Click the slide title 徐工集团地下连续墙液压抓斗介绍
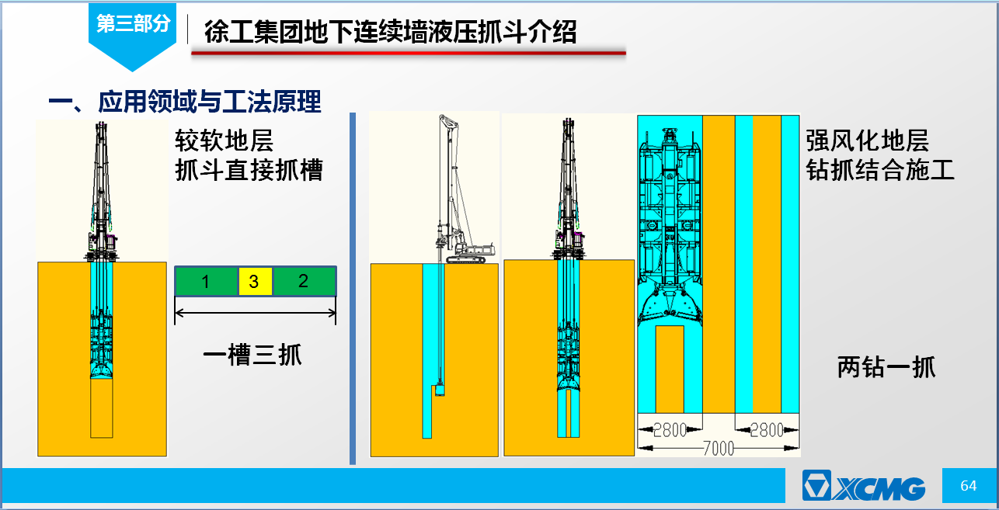click(x=390, y=32)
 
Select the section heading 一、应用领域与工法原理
click(x=185, y=102)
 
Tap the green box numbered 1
click(x=206, y=281)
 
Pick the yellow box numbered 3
click(x=255, y=281)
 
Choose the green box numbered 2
click(x=304, y=281)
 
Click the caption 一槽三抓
click(x=252, y=356)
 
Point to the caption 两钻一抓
click(x=886, y=367)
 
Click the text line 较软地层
click(x=224, y=141)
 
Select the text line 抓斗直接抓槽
click(x=249, y=170)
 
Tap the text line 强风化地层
click(x=868, y=141)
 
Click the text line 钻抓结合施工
click(x=880, y=170)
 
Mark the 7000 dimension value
click(x=719, y=449)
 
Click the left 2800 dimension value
click(x=670, y=430)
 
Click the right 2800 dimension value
click(x=767, y=430)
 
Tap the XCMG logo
click(x=864, y=485)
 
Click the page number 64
click(x=968, y=485)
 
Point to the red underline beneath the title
click(x=409, y=53)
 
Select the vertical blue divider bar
click(x=353, y=289)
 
